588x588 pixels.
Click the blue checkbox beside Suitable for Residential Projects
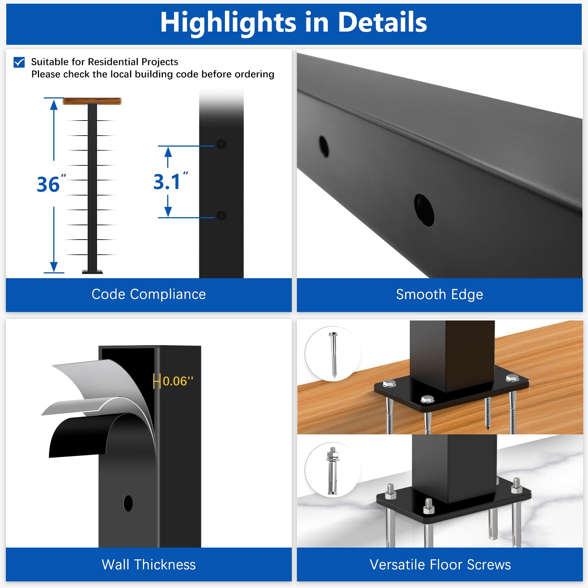pyautogui.click(x=19, y=62)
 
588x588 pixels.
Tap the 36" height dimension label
pyautogui.click(x=51, y=184)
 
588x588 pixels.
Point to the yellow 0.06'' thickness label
pyautogui.click(x=178, y=381)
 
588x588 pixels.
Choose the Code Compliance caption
pyautogui.click(x=148, y=294)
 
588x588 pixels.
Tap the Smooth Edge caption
pyautogui.click(x=440, y=294)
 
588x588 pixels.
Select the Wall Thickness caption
pyautogui.click(x=148, y=564)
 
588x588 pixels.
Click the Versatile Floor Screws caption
pyautogui.click(x=440, y=564)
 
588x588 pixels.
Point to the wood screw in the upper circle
pyautogui.click(x=334, y=355)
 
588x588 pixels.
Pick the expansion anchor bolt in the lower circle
pyautogui.click(x=332, y=471)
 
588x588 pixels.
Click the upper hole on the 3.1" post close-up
pyautogui.click(x=221, y=144)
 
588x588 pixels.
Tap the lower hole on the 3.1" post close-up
pyautogui.click(x=221, y=216)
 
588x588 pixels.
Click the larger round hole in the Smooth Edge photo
pyautogui.click(x=424, y=210)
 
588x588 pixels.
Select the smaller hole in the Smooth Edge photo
pyautogui.click(x=324, y=146)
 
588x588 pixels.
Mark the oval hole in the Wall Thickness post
pyautogui.click(x=128, y=503)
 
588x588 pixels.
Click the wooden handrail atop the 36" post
pyautogui.click(x=92, y=101)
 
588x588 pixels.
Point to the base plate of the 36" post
pyautogui.click(x=92, y=272)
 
